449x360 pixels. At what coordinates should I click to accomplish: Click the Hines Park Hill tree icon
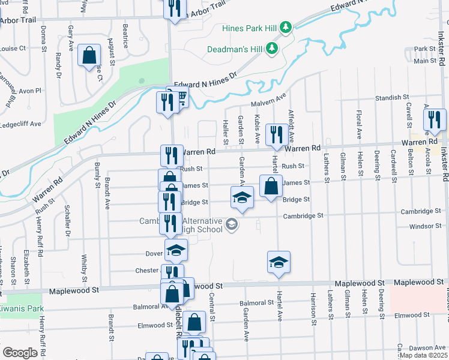coord(286,27)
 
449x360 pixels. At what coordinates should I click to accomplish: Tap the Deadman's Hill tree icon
coord(273,47)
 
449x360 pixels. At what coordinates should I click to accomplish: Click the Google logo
coord(20,353)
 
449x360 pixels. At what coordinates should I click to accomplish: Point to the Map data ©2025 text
coord(423,355)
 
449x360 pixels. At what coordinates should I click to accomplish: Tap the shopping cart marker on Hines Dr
coord(179,96)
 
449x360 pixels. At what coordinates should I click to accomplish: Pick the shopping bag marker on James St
coord(271,185)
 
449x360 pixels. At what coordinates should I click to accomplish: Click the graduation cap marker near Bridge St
coord(241,197)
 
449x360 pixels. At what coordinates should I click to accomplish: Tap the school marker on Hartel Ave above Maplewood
coord(278,262)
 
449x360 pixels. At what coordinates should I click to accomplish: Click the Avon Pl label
coord(29,91)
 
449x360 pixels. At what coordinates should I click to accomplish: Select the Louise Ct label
coord(13,48)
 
